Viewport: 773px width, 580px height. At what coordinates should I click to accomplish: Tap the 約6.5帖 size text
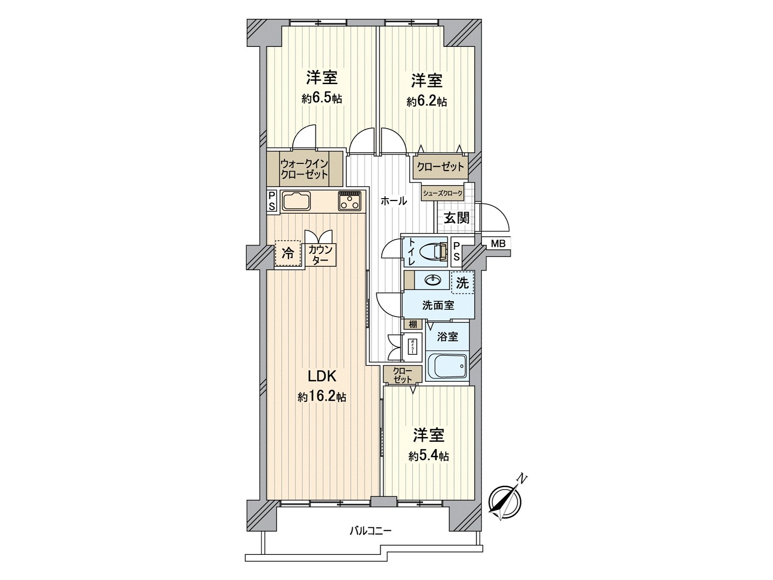pos(322,99)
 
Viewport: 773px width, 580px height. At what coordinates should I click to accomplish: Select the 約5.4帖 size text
pos(428,456)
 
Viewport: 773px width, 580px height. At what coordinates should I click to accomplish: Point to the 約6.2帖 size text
pos(427,101)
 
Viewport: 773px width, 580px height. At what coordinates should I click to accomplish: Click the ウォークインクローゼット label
pos(304,169)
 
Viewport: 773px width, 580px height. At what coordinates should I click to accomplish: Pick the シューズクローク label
pos(442,193)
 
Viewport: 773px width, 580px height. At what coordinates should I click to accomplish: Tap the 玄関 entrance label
pos(456,218)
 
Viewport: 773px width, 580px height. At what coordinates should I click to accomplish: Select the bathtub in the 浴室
pos(447,368)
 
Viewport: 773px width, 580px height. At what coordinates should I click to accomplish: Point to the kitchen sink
pos(297,201)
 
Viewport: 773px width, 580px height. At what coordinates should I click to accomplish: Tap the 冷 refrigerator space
pos(287,253)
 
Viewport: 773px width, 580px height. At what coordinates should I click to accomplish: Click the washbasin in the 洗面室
pos(432,280)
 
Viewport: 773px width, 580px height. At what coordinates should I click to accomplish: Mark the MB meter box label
pos(498,244)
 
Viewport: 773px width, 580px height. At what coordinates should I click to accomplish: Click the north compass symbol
pos(505,500)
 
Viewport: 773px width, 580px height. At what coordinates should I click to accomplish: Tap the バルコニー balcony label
pos(371,531)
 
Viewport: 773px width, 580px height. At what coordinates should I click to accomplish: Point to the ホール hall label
pos(393,202)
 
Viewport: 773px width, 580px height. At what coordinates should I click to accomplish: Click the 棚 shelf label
pos(413,325)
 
